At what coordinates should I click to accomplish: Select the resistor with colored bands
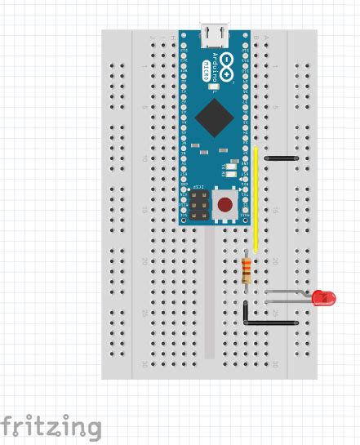click(247, 269)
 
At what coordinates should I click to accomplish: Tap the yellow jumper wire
click(256, 200)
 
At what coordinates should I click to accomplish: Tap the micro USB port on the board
click(216, 34)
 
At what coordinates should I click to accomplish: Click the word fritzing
click(51, 427)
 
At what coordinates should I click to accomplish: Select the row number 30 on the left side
click(145, 364)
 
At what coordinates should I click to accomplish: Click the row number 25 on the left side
click(145, 313)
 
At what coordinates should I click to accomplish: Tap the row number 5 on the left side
click(145, 107)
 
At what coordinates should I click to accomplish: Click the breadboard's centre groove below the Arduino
click(211, 294)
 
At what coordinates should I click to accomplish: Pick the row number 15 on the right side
click(278, 210)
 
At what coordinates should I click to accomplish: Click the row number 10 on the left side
click(145, 158)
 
